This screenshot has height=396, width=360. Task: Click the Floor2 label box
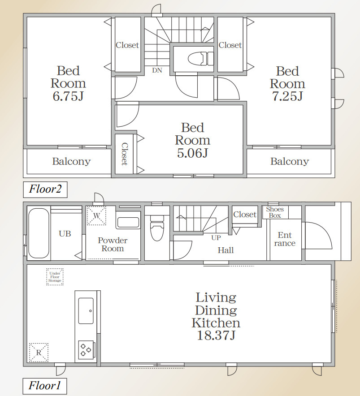click(x=45, y=189)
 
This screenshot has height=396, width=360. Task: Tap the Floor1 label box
click(x=45, y=386)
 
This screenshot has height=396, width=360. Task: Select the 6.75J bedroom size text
click(x=68, y=96)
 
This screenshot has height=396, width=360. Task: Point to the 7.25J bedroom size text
click(x=287, y=96)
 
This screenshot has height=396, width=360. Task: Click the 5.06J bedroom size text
click(x=193, y=153)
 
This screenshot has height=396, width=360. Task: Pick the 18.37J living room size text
click(x=216, y=336)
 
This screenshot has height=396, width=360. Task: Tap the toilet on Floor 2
click(x=201, y=59)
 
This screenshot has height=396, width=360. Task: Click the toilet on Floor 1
click(x=157, y=228)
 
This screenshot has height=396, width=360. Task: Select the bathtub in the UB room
click(x=39, y=233)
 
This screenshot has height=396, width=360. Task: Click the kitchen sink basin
click(x=86, y=310)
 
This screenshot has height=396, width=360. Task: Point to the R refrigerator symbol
click(x=39, y=352)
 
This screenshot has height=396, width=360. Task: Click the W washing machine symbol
click(x=96, y=215)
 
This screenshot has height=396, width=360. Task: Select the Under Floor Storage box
click(x=55, y=277)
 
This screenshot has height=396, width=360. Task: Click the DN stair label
click(x=157, y=70)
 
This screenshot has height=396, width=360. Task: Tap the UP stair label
click(x=216, y=238)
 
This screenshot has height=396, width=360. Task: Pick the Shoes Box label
click(x=275, y=212)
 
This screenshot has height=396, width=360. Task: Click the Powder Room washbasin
click(x=128, y=223)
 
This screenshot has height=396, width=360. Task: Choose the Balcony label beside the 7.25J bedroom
click(x=290, y=161)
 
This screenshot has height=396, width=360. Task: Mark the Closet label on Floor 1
click(x=245, y=215)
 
